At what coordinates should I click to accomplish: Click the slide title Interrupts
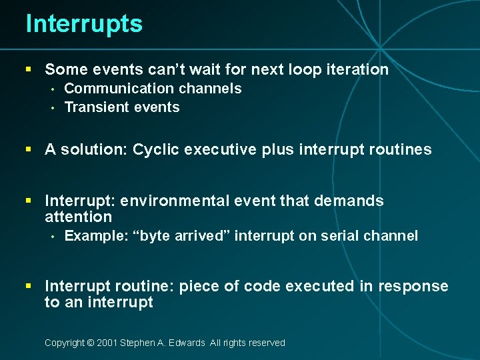coord(84,24)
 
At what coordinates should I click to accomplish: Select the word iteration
coord(357,69)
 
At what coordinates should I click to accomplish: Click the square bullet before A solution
coord(29,149)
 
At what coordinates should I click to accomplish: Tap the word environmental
coord(167,201)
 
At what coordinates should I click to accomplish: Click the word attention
coord(78,217)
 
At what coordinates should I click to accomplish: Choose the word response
coord(413,286)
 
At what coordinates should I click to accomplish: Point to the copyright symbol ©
coord(91,343)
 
